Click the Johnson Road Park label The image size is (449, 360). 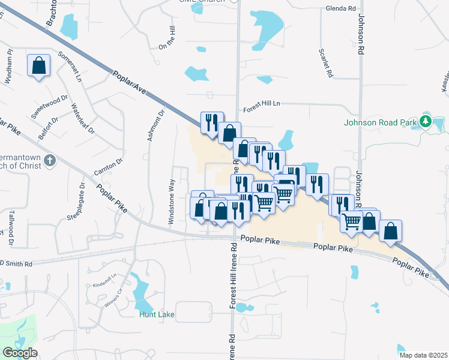[381, 122]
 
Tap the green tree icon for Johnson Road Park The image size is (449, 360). [426, 122]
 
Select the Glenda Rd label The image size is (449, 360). [340, 9]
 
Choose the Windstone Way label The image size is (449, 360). [172, 202]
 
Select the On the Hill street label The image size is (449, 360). [167, 38]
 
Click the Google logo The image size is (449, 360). [19, 353]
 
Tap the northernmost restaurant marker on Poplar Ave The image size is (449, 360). [212, 122]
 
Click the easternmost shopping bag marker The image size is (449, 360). [390, 230]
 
